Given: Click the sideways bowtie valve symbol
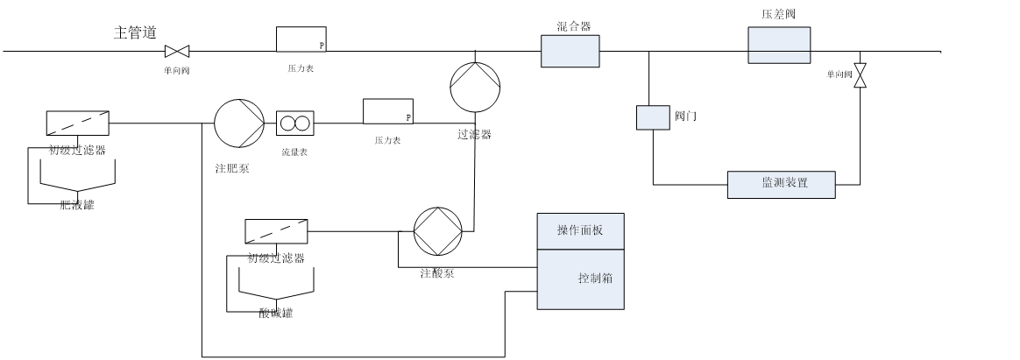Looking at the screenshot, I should click(177, 52).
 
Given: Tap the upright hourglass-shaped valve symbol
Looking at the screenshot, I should click(860, 75).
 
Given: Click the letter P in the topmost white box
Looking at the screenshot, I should click(322, 46).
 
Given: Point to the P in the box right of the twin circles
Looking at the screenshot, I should click(408, 117).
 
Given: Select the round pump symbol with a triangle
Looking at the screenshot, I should click(239, 123).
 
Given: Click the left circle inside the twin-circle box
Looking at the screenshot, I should click(288, 124).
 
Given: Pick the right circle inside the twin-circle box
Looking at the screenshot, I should click(302, 124).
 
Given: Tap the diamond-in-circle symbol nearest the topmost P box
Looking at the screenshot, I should click(475, 87).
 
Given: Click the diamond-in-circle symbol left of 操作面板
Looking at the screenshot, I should click(437, 231).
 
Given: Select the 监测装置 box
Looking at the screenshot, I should click(781, 185).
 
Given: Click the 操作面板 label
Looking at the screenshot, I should click(580, 230).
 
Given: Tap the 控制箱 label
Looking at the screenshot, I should click(595, 279).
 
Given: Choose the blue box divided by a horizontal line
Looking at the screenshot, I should click(779, 45).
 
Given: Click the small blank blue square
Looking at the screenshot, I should click(653, 117).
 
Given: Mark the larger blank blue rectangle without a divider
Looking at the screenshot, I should click(570, 51).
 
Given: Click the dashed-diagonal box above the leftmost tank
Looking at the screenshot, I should click(78, 124).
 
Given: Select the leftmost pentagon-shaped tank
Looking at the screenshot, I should click(78, 173).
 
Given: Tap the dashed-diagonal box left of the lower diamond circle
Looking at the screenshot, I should click(276, 231).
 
